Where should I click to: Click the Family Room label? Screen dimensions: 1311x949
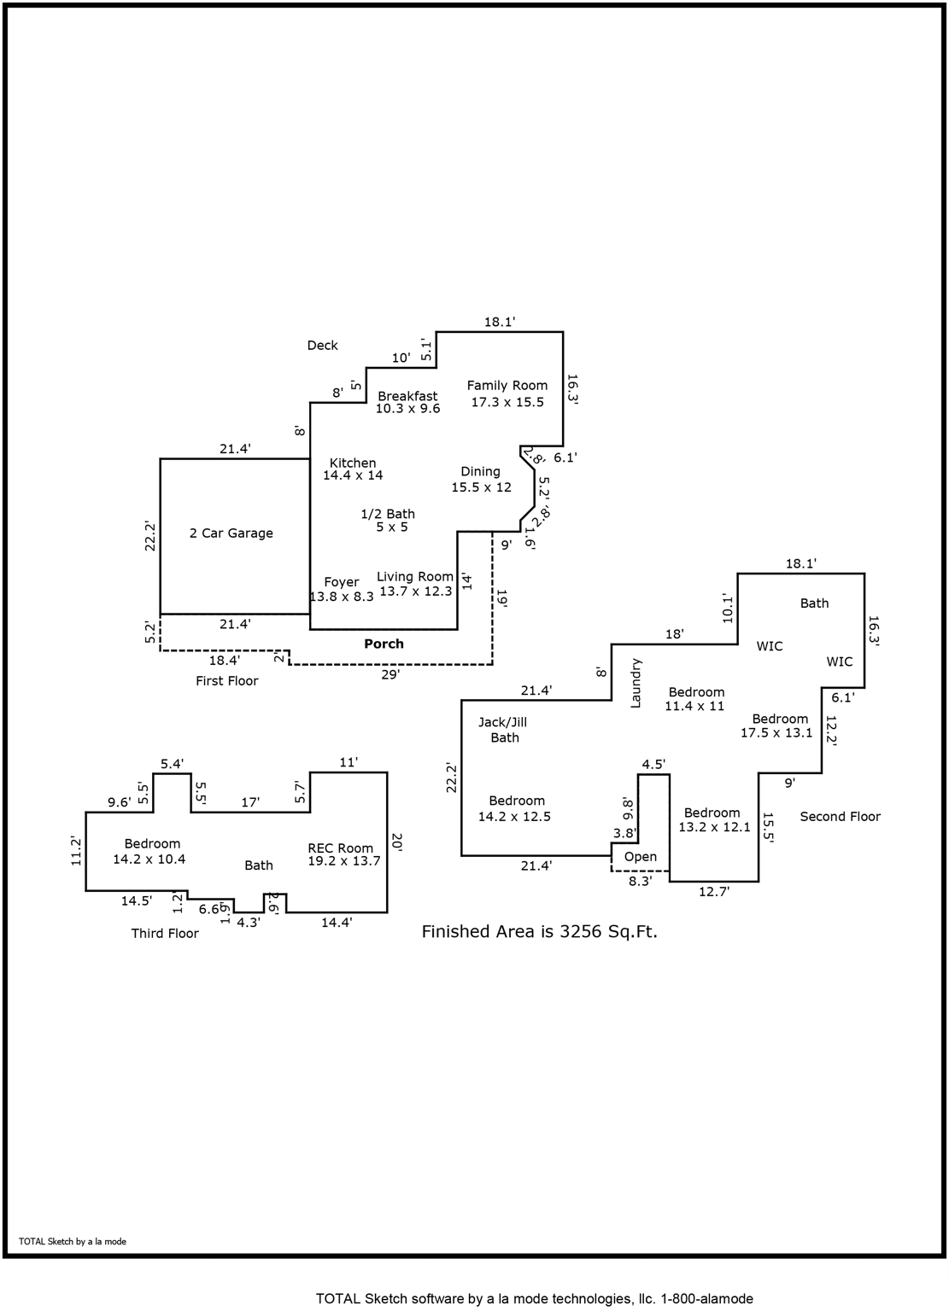(x=507, y=386)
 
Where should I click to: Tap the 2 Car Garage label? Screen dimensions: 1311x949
(x=231, y=533)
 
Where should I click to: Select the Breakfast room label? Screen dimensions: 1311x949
(x=407, y=396)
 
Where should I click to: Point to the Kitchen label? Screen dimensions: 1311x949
(x=353, y=463)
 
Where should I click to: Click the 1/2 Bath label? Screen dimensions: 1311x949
(x=388, y=514)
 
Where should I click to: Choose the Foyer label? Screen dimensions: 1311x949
(x=342, y=582)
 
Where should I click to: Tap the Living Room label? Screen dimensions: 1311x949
(x=415, y=577)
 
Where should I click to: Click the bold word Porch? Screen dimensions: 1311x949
(x=384, y=644)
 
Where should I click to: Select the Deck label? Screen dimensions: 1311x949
(x=323, y=346)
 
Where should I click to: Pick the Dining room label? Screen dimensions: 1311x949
(x=481, y=471)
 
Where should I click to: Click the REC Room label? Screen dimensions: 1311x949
(x=341, y=848)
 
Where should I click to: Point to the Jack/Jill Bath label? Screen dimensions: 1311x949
(x=504, y=730)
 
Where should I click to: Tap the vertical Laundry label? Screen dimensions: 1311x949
(x=636, y=683)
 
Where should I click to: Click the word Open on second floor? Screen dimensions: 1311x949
(x=641, y=857)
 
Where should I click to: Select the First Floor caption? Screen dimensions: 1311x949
(x=227, y=681)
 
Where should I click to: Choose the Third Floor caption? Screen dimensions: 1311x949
(x=165, y=934)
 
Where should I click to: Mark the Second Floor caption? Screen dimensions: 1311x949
(x=840, y=817)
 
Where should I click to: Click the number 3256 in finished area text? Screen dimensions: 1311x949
(x=581, y=932)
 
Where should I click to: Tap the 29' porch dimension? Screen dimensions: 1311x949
(x=391, y=675)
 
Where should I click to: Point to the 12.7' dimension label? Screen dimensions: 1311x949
(x=713, y=892)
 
